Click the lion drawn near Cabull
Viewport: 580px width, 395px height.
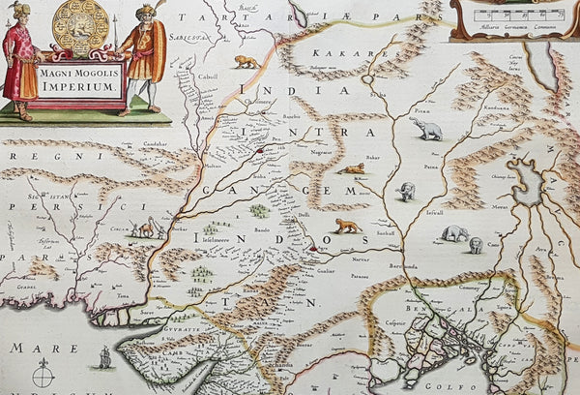pos(247,62)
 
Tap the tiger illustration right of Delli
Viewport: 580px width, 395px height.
pos(345,226)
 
